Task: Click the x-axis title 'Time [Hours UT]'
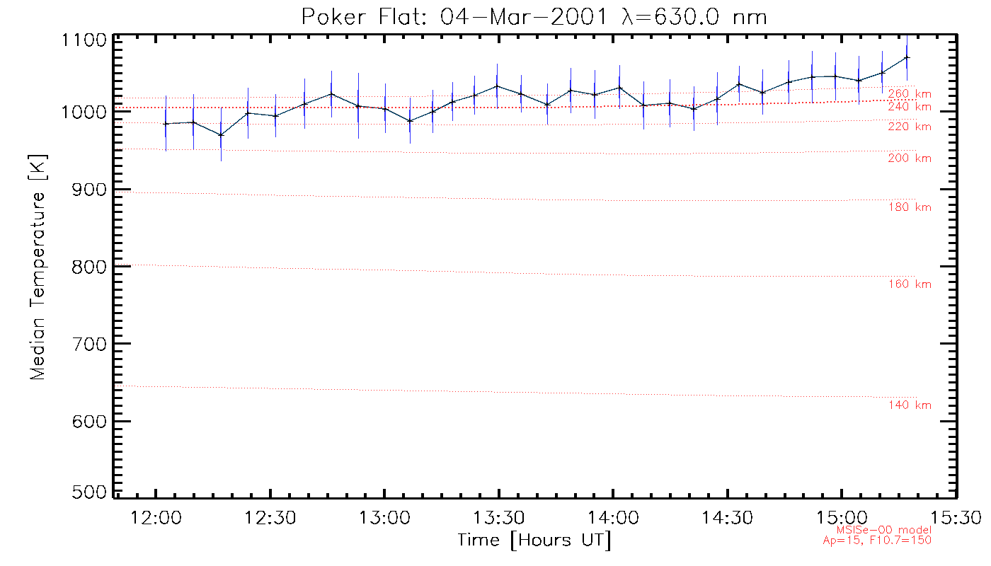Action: pyautogui.click(x=534, y=541)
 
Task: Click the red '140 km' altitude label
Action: pyautogui.click(x=910, y=405)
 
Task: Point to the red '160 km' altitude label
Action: pyautogui.click(x=910, y=284)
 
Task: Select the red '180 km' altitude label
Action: pyautogui.click(x=910, y=207)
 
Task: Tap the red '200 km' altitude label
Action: pyautogui.click(x=910, y=158)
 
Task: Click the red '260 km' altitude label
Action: pyautogui.click(x=910, y=93)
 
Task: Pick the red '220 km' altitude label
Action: pyautogui.click(x=910, y=127)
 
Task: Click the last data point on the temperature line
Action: pyautogui.click(x=907, y=57)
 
